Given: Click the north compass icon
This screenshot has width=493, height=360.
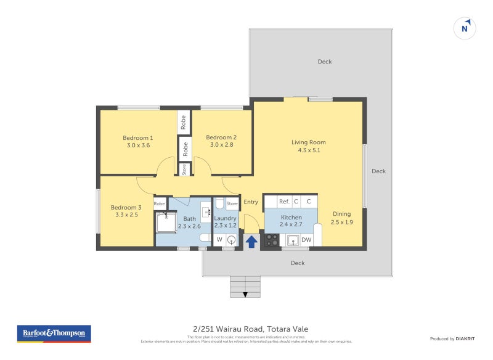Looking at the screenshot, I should (x=466, y=28).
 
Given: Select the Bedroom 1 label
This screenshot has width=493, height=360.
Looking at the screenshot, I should (x=138, y=137).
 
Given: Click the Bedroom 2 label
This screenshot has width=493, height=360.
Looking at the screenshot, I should (x=221, y=137).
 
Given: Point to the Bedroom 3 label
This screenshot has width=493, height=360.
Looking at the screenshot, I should (x=126, y=208).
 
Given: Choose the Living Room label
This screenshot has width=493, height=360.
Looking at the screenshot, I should (x=309, y=142).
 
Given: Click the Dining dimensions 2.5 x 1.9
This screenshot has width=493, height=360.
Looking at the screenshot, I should (x=341, y=222).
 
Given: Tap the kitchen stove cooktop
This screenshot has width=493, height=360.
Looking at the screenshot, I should (x=272, y=240).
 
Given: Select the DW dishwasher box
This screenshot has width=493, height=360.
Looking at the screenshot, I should (x=306, y=240).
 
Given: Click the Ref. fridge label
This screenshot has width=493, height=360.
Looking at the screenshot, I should (x=284, y=202).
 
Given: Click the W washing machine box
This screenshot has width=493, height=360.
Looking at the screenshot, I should (x=219, y=239).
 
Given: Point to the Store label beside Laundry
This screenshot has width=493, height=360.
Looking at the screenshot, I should (x=232, y=203).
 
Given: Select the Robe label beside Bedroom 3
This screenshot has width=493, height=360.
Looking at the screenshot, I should (x=160, y=203).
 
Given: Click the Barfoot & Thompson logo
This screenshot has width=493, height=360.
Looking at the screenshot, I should (x=54, y=333).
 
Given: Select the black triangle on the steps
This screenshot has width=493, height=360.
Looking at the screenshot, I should (x=246, y=295).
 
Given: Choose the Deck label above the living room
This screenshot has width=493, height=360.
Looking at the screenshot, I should (x=324, y=62).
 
